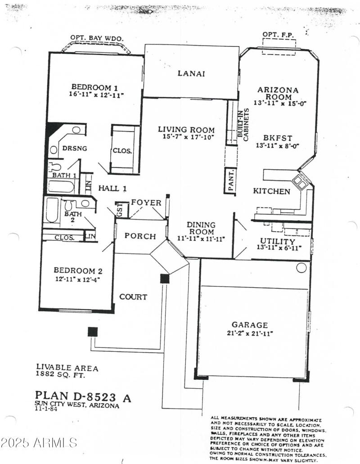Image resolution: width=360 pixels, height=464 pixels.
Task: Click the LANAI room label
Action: click(191, 73)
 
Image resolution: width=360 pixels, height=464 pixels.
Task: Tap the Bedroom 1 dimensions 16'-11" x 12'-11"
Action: click(96, 95)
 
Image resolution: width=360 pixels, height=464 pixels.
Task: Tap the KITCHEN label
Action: click(271, 191)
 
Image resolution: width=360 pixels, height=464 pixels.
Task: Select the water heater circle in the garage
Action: click(301, 268)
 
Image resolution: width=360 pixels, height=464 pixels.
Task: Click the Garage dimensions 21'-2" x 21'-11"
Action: click(250, 333)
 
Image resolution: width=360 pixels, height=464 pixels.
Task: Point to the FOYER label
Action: click(146, 203)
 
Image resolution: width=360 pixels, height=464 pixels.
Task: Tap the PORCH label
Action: click(140, 236)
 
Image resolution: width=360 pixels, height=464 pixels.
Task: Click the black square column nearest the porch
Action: click(165, 278)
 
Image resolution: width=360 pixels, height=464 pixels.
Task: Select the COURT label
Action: click(133, 297)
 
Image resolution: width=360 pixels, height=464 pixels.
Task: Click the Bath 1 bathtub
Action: click(63, 186)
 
